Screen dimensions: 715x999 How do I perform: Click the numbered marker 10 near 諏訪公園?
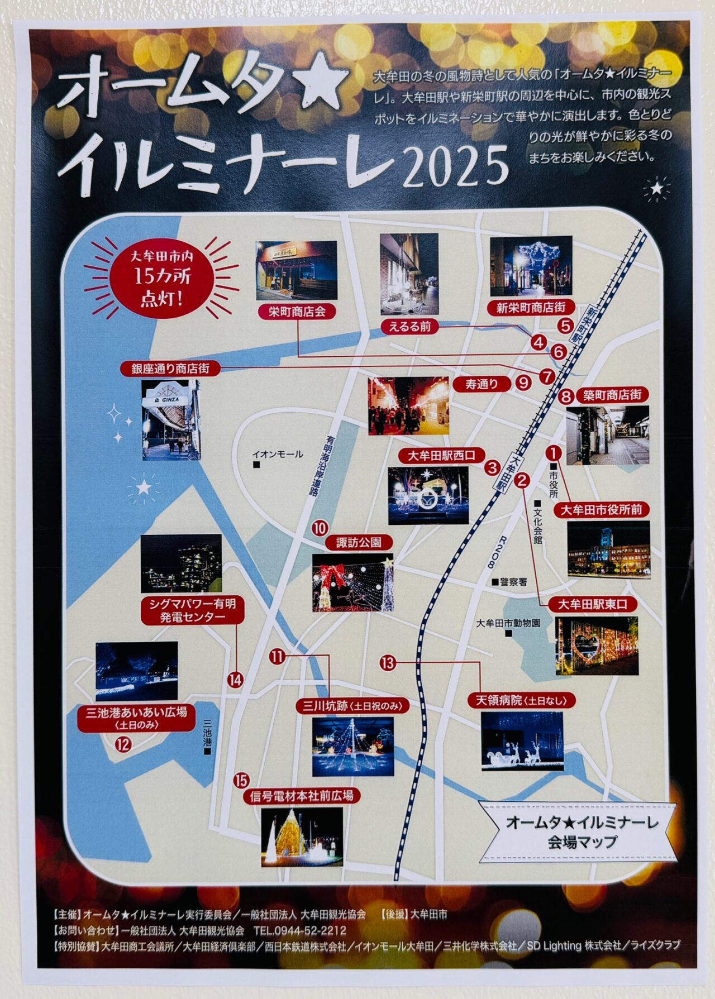pyautogui.click(x=320, y=528)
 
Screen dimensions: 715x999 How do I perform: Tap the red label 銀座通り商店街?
pyautogui.click(x=170, y=369)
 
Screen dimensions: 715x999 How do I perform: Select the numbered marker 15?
pyautogui.click(x=241, y=780)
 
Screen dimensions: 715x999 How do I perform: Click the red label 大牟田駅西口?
pyautogui.click(x=441, y=456)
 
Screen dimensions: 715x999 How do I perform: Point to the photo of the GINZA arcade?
pyautogui.click(x=171, y=420)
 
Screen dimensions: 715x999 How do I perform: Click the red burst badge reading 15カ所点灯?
pyautogui.click(x=162, y=276)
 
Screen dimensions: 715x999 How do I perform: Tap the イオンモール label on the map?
pyautogui.click(x=278, y=455)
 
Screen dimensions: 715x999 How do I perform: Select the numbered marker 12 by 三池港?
pyautogui.click(x=122, y=744)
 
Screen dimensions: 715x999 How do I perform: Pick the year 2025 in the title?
pyautogui.click(x=455, y=166)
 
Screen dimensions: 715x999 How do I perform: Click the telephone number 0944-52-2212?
pyautogui.click(x=299, y=931)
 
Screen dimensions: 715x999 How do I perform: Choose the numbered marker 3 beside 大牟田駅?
pyautogui.click(x=492, y=467)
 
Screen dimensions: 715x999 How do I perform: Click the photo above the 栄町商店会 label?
pyautogui.click(x=296, y=270)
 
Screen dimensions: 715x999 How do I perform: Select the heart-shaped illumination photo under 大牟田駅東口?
pyautogui.click(x=597, y=646)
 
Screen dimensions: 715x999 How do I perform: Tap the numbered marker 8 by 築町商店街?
pyautogui.click(x=566, y=397)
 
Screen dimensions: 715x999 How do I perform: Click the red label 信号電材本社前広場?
pyautogui.click(x=302, y=796)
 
